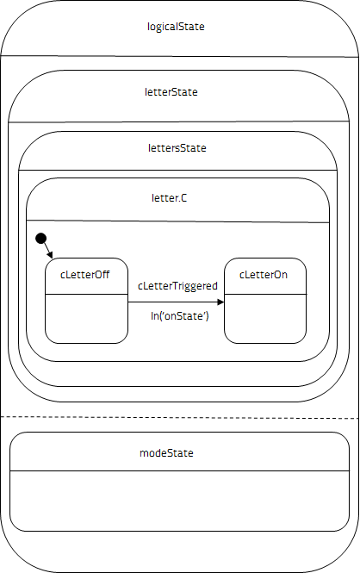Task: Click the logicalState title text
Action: [x=176, y=27]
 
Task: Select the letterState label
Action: [x=171, y=91]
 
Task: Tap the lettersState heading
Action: [x=177, y=148]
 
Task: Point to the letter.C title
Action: [x=169, y=198]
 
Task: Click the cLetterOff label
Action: [x=84, y=275]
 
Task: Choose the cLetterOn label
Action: [x=264, y=275]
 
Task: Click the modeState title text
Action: [x=166, y=453]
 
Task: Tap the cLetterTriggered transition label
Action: [x=177, y=286]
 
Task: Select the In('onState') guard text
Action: [x=180, y=315]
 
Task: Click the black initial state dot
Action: [x=40, y=239]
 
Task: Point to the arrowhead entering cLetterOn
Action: [x=220, y=302]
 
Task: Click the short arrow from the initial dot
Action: [x=48, y=251]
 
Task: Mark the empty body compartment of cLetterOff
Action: [x=86, y=319]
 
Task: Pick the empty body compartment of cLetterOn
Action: [x=265, y=319]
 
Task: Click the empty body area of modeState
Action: [x=179, y=501]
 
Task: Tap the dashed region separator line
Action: [x=179, y=417]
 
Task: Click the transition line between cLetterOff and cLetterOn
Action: [x=176, y=302]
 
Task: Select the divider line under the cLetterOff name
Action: [x=86, y=294]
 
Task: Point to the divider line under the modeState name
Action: [x=179, y=470]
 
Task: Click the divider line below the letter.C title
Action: [x=177, y=221]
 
